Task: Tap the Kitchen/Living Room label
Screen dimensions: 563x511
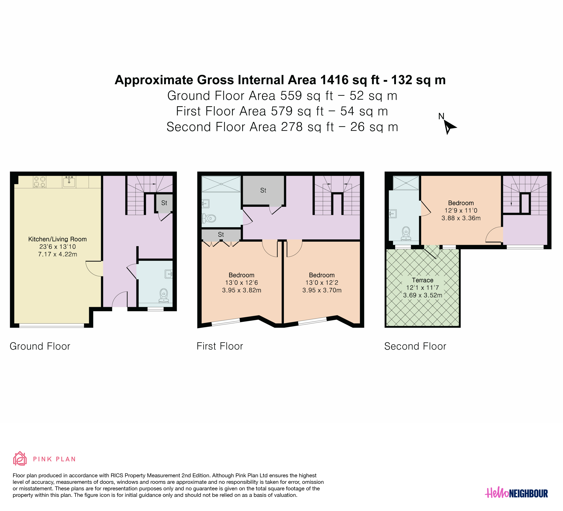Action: [58, 239]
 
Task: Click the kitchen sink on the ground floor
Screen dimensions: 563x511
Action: [69, 182]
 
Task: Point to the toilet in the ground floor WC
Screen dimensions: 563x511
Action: [164, 296]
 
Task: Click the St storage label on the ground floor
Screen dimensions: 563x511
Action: [164, 203]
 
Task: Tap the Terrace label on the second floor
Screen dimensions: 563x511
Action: [422, 280]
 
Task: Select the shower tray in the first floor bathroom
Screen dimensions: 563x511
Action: [221, 184]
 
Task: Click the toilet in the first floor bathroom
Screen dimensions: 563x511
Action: [209, 218]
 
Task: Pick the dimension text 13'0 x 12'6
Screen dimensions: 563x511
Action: [242, 283]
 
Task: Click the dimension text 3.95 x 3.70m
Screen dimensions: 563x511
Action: [322, 290]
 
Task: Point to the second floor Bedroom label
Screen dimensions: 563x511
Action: [461, 203]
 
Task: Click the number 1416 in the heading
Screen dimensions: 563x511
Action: [334, 80]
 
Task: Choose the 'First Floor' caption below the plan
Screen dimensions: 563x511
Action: [220, 346]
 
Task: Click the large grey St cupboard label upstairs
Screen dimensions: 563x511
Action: [263, 190]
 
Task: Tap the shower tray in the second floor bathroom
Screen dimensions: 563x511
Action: [406, 183]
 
